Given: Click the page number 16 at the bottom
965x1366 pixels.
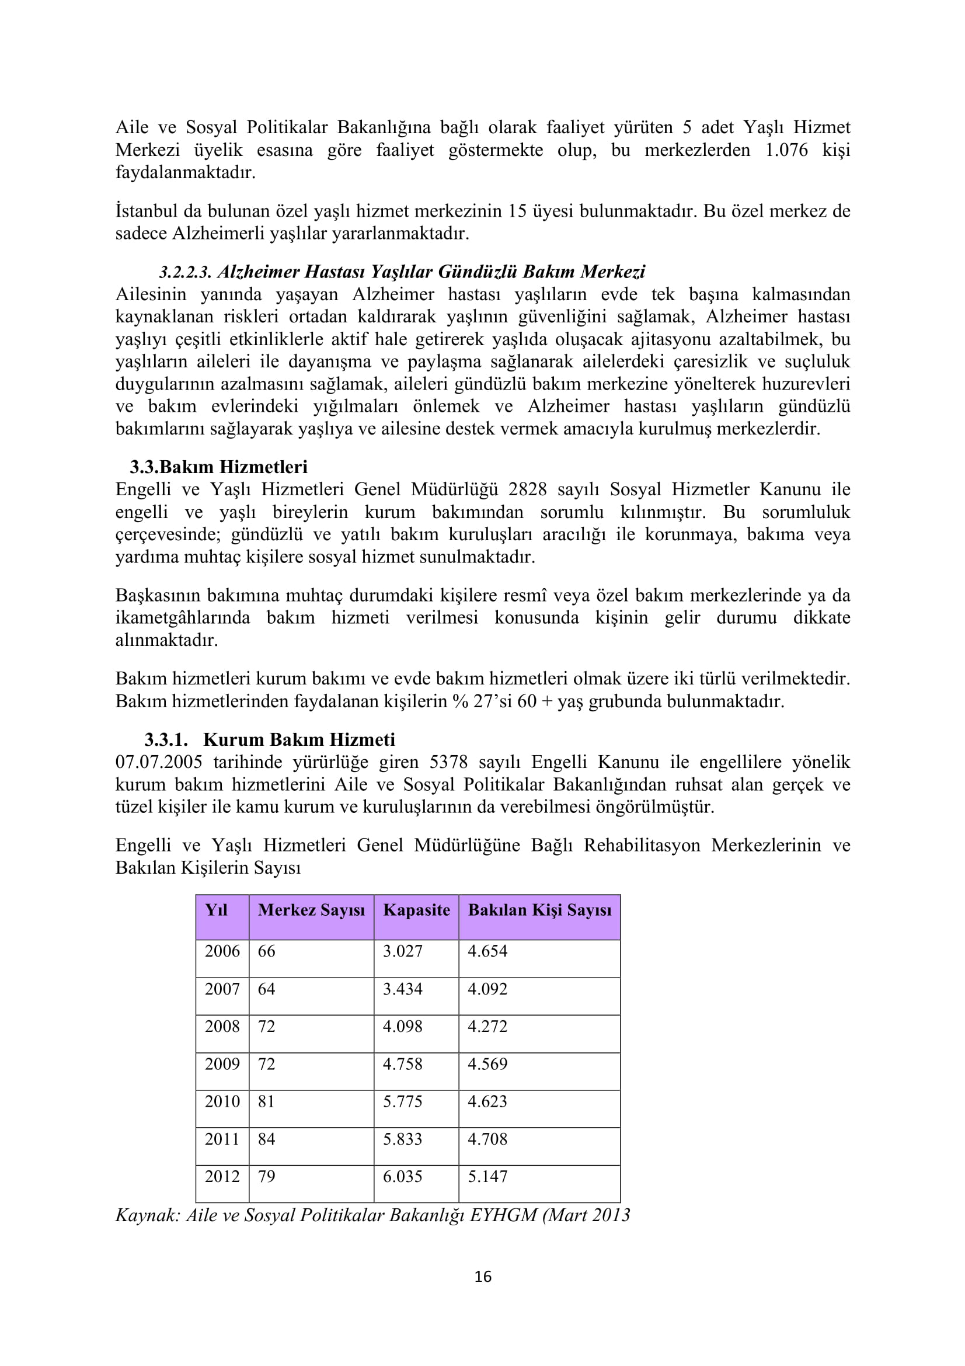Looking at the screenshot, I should point(483,1276).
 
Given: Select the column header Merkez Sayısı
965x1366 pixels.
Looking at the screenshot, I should point(311,910).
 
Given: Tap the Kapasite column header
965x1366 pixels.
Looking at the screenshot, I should point(416,910).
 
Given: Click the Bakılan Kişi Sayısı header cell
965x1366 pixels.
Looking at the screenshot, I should point(539,910).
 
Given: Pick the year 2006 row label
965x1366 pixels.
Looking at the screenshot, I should point(222,951).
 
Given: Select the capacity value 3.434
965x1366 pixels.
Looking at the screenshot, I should point(403,989).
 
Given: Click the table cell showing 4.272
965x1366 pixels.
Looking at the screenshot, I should point(487,1026).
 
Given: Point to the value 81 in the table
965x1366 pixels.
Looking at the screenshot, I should point(266,1101).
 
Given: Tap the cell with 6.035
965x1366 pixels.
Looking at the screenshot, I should point(403,1176).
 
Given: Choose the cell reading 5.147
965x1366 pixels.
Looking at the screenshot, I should point(487,1176).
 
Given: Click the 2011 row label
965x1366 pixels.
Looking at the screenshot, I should point(222,1139).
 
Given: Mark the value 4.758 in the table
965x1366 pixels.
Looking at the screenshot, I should point(403,1063).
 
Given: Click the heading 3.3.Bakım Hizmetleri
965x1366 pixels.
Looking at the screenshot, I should point(219,467).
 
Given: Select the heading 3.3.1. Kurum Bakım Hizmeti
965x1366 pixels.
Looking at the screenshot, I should point(269,739).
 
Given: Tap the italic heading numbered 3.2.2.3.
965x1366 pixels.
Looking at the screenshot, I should point(402,272).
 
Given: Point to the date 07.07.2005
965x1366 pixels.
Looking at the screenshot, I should point(159,762).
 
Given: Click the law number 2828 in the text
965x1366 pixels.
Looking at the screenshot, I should point(527,489).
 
